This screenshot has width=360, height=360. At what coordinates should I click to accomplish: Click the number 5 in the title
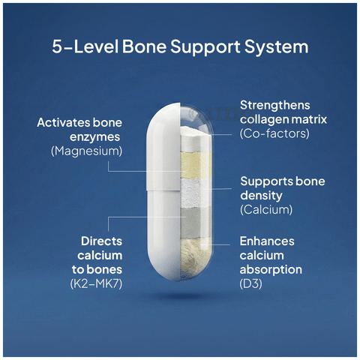(57, 46)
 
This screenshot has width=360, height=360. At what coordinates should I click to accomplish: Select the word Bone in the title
(144, 46)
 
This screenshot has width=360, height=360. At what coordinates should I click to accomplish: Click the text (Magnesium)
(87, 151)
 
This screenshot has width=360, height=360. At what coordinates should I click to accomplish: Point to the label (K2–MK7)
(96, 283)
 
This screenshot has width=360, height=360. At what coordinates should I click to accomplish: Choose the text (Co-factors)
(274, 133)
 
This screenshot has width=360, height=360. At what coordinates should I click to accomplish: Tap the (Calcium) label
(266, 209)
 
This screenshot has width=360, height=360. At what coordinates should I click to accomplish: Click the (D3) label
(250, 283)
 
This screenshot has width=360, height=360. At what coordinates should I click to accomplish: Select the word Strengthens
(275, 105)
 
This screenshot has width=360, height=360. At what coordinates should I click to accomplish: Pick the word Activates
(63, 123)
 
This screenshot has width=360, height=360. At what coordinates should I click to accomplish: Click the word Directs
(101, 241)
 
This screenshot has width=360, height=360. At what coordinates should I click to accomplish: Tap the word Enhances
(267, 241)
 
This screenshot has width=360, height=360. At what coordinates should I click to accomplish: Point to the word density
(261, 196)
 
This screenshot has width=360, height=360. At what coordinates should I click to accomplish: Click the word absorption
(271, 270)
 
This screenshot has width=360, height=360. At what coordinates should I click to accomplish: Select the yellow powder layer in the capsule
(196, 165)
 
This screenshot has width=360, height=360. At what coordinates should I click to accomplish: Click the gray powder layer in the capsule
(196, 223)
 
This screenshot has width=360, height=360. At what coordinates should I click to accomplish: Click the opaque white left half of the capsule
(163, 192)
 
